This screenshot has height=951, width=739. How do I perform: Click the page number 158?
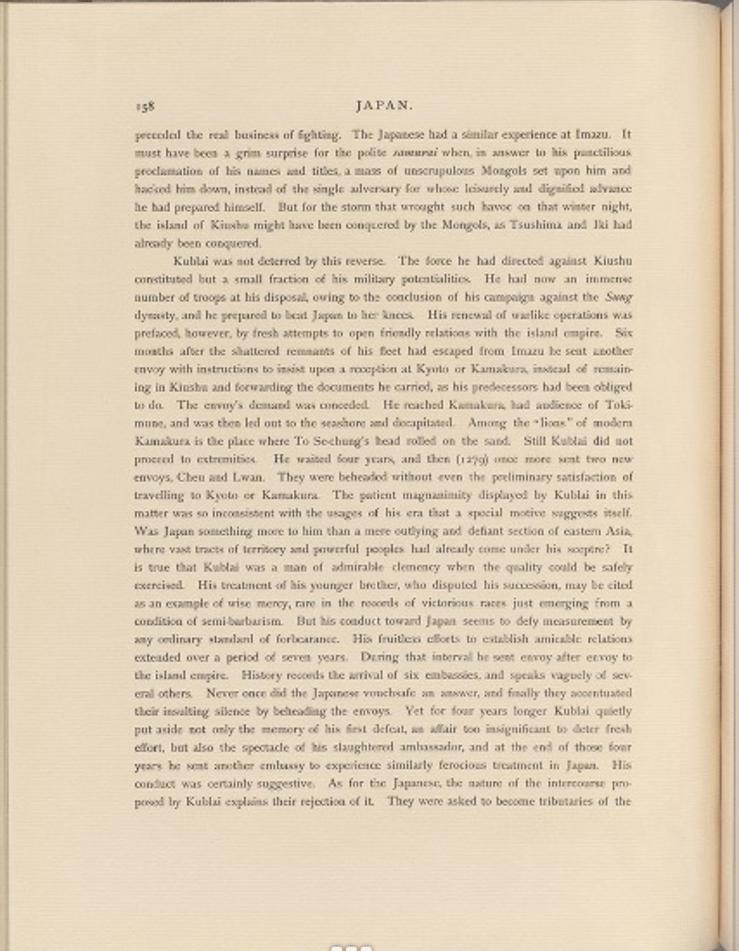coord(144,106)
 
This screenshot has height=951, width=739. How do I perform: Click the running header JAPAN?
coord(384,106)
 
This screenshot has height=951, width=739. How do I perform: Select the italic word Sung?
coord(619,297)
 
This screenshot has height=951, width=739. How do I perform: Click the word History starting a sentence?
coord(262,675)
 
